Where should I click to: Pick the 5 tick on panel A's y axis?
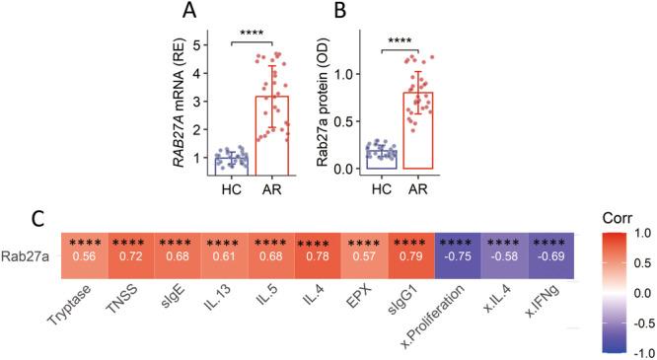pos(198,44)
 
